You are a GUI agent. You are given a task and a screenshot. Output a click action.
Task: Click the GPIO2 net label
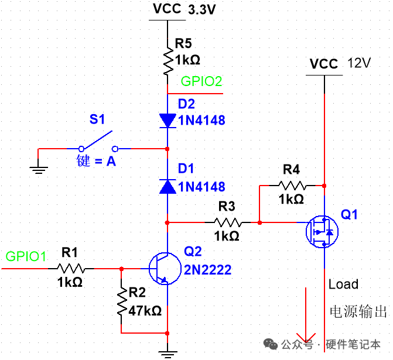pos(201,81)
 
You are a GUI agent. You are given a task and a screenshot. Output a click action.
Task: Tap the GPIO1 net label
pos(26,256)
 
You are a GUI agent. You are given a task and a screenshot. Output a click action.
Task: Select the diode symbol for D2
pos(168,121)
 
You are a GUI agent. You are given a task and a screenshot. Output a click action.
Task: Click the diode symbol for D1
pos(168,187)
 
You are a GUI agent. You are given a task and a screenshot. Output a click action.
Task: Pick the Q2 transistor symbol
pos(165,269)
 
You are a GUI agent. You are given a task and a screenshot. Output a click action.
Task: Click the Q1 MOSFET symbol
pos(322,231)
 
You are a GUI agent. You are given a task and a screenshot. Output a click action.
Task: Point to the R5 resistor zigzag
pos(168,61)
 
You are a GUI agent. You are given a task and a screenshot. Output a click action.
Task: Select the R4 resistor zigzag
pos(292,186)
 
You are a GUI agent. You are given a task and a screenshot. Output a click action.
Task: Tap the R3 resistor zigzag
pos(228,222)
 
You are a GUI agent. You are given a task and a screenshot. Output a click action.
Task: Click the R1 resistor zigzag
pos(71,269)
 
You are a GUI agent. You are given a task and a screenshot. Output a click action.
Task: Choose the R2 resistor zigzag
pos(122,301)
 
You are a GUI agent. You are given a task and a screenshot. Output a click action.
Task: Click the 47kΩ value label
pos(145,311)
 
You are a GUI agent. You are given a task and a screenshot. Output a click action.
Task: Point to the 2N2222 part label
pos(207,270)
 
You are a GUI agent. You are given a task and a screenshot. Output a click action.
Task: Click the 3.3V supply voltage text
pos(201,10)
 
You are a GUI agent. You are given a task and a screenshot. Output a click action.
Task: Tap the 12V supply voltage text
pos(359,63)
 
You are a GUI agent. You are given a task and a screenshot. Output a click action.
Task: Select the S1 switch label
pos(97,119)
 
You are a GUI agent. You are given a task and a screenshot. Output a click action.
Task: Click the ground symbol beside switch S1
pos(38,170)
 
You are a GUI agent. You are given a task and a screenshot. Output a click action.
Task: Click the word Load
pos(343,284)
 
